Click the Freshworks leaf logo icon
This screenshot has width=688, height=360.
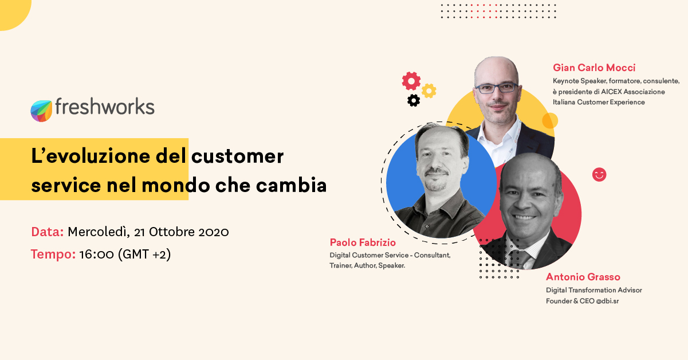coord(41,111)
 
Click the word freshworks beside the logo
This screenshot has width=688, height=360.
coord(105,107)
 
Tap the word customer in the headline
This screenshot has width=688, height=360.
coord(237,156)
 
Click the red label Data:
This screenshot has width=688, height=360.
coord(48,232)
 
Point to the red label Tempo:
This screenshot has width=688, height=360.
coord(53,255)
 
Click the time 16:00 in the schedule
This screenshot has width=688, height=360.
coord(96,255)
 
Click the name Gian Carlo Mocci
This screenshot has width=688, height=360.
coord(594,68)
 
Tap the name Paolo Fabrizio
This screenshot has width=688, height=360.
coord(363,242)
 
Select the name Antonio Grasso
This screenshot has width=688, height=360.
coord(583,277)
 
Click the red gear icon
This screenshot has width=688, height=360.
coord(411,81)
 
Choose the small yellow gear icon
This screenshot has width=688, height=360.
coord(428,91)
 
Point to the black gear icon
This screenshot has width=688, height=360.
coord(414,100)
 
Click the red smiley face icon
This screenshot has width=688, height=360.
coord(599,175)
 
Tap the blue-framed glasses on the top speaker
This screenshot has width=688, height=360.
coord(496,88)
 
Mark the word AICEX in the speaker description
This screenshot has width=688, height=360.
coord(611,92)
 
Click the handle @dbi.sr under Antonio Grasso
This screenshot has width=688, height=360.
coord(607,301)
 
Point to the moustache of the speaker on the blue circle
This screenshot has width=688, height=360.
coord(437,172)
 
